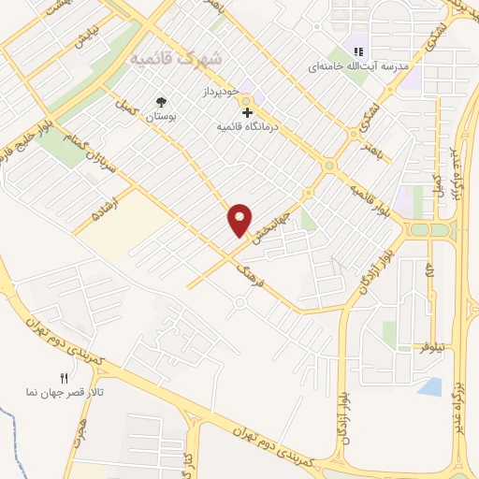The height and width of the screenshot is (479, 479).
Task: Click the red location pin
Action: (x=240, y=219)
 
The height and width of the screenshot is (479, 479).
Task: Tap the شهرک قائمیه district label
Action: (x=177, y=58)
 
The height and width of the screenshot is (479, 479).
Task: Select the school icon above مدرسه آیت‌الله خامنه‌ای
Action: (x=356, y=52)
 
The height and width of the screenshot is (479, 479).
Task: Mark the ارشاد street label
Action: (x=104, y=207)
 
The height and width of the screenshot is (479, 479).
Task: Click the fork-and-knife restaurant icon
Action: (x=65, y=378)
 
